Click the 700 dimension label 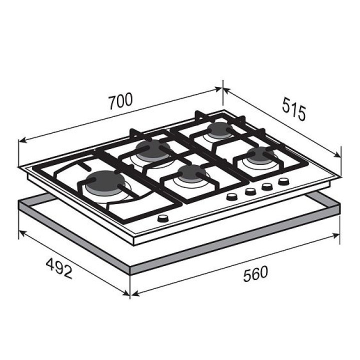pos(121,101)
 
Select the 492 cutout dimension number pos(59,268)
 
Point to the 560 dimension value pos(255,273)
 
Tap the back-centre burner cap pos(149,149)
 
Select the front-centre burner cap pos(191,172)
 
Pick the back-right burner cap pos(219,129)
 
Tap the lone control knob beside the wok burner pos(163,218)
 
